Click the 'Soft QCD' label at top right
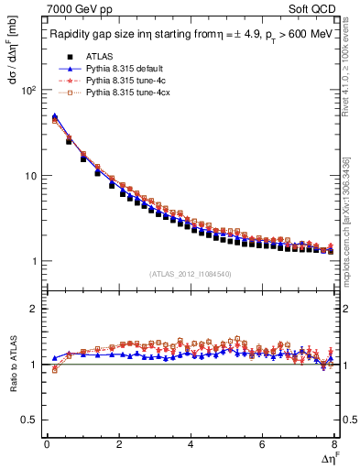(311, 11)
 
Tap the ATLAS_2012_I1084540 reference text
(190, 274)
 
